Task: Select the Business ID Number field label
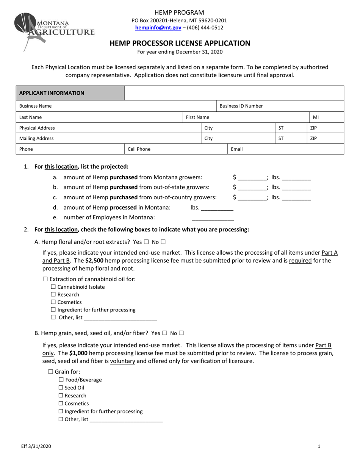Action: [x=241, y=106]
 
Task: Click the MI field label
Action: [x=316, y=117]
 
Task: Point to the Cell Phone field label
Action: [x=139, y=149]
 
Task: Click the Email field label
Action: [x=236, y=149]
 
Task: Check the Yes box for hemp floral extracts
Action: [x=146, y=242]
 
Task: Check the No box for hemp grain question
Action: [x=181, y=333]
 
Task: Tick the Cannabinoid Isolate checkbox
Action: [x=53, y=287]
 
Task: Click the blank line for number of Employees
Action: [x=213, y=218]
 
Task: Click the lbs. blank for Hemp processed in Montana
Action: [x=217, y=208]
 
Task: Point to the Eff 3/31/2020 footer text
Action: [x=36, y=446]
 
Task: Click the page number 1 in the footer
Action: [x=319, y=446]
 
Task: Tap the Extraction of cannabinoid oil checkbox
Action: [x=45, y=279]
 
